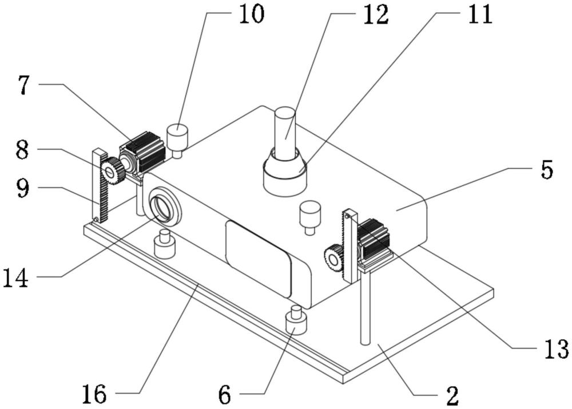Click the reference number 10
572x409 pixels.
(x=251, y=15)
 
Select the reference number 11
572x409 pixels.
(x=478, y=15)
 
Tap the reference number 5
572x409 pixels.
(x=546, y=170)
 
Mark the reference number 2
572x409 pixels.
(x=452, y=394)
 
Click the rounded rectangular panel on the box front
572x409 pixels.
(x=259, y=257)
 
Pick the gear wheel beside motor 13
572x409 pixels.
(x=333, y=257)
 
